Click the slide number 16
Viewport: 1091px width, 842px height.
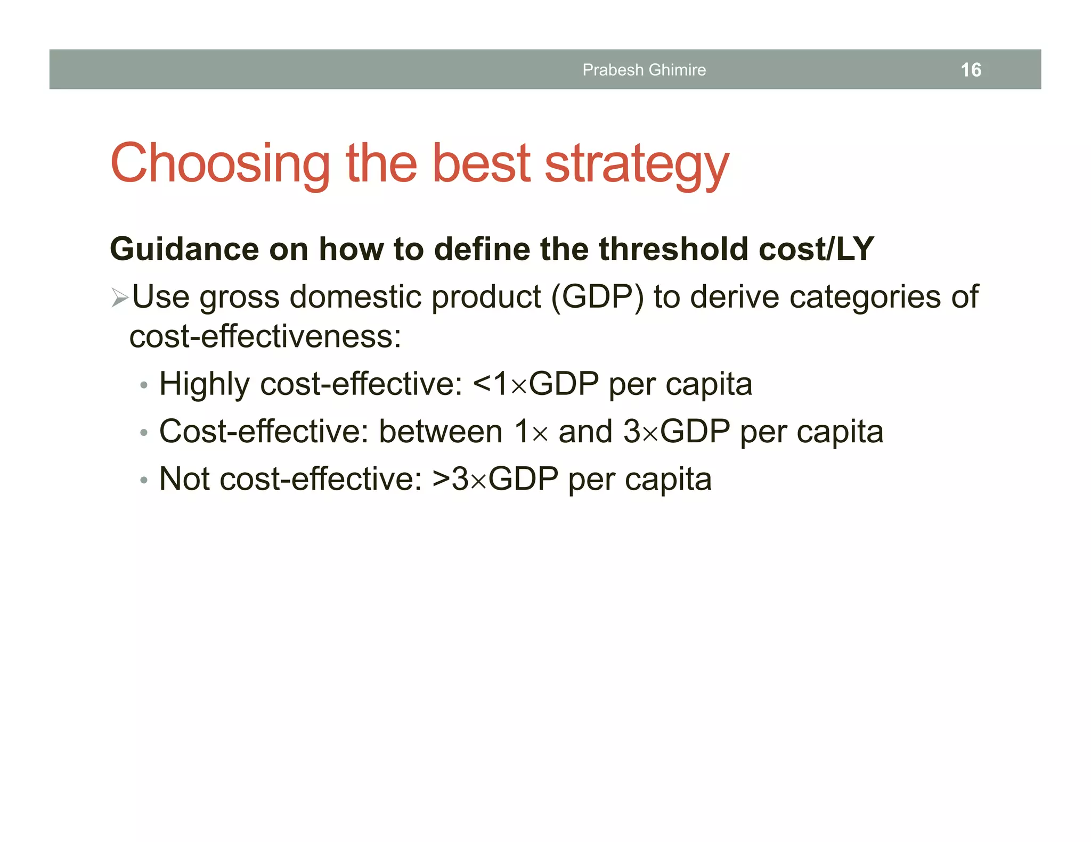click(971, 70)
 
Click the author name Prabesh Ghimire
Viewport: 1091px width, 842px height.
click(644, 70)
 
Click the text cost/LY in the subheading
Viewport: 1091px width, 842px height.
click(816, 249)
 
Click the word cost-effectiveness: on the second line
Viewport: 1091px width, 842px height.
click(265, 337)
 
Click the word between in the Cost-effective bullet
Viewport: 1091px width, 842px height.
click(441, 432)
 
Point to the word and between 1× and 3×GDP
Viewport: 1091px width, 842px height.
click(585, 432)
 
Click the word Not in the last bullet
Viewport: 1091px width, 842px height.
click(184, 479)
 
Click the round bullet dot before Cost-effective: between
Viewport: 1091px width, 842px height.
click(143, 433)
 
